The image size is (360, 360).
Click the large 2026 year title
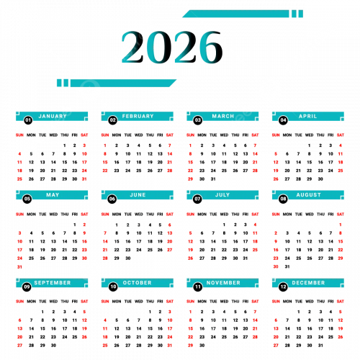pyautogui.click(x=172, y=48)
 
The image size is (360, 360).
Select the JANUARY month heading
pyautogui.click(x=53, y=116)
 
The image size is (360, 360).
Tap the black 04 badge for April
pyautogui.click(x=283, y=120)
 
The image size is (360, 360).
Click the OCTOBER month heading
pyautogui.click(x=138, y=283)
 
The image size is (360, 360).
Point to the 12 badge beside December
pyautogui.click(x=283, y=287)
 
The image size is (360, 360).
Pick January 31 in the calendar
pyautogui.click(x=84, y=179)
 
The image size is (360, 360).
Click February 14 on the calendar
pyautogui.click(x=170, y=154)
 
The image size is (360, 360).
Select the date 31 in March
pyautogui.click(x=213, y=179)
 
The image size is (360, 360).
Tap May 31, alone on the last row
pyautogui.click(x=19, y=267)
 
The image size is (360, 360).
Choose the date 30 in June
pyautogui.click(x=128, y=258)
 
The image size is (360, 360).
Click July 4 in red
pyautogui.click(x=255, y=225)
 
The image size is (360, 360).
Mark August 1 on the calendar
pyautogui.click(x=341, y=225)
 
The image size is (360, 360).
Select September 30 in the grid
pyautogui.click(x=53, y=346)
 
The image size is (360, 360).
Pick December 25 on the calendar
pyautogui.click(x=330, y=337)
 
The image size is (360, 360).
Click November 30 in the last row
pyautogui.click(x=202, y=346)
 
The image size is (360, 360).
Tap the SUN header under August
pyautogui.click(x=276, y=214)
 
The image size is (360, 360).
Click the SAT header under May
pyautogui.click(x=84, y=214)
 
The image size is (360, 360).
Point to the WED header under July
pyautogui.click(x=224, y=214)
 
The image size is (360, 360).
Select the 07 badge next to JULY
pyautogui.click(x=197, y=199)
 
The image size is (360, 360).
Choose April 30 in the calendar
pyautogui.click(x=320, y=179)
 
